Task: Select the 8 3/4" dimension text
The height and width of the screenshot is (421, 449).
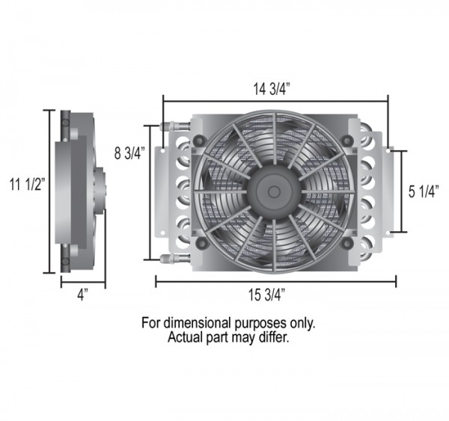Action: (x=128, y=153)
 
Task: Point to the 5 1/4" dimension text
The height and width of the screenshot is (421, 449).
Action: (x=424, y=191)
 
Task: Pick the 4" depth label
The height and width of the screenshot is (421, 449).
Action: (x=82, y=294)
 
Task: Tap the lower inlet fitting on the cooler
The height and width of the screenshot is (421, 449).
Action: (x=170, y=259)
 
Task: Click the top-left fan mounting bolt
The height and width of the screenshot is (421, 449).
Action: (x=200, y=140)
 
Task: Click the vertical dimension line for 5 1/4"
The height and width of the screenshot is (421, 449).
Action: (x=405, y=191)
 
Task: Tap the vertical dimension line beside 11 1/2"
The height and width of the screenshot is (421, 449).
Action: (x=49, y=191)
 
